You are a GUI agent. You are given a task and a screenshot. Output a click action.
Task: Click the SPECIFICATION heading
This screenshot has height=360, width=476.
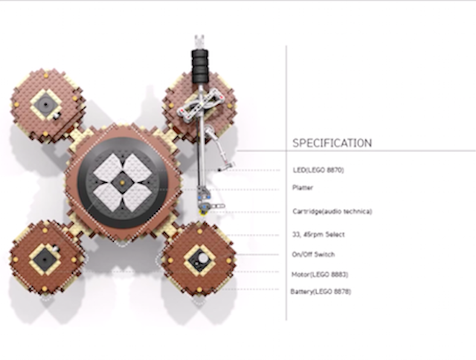coord(332,143)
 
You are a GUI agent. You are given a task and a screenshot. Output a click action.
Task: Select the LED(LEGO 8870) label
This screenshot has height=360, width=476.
coord(318,170)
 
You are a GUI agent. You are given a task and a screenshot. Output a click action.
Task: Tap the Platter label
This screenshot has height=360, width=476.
coord(303,187)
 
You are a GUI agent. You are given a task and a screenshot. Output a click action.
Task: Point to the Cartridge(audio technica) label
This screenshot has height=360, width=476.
coord(332,211)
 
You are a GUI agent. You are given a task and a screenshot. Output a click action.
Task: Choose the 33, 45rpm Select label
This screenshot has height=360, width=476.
coord(318,234)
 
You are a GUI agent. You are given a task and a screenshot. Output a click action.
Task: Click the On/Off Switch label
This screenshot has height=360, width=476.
coord(313,254)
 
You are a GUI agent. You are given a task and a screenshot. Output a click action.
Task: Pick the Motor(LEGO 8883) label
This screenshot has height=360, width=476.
coord(320,274)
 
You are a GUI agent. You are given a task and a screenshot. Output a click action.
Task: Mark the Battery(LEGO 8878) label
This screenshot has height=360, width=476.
coord(321,292)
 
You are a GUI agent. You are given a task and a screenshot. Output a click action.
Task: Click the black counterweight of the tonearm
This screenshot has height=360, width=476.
coord(200,66)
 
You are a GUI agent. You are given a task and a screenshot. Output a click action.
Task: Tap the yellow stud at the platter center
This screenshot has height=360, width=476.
coord(122,182)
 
